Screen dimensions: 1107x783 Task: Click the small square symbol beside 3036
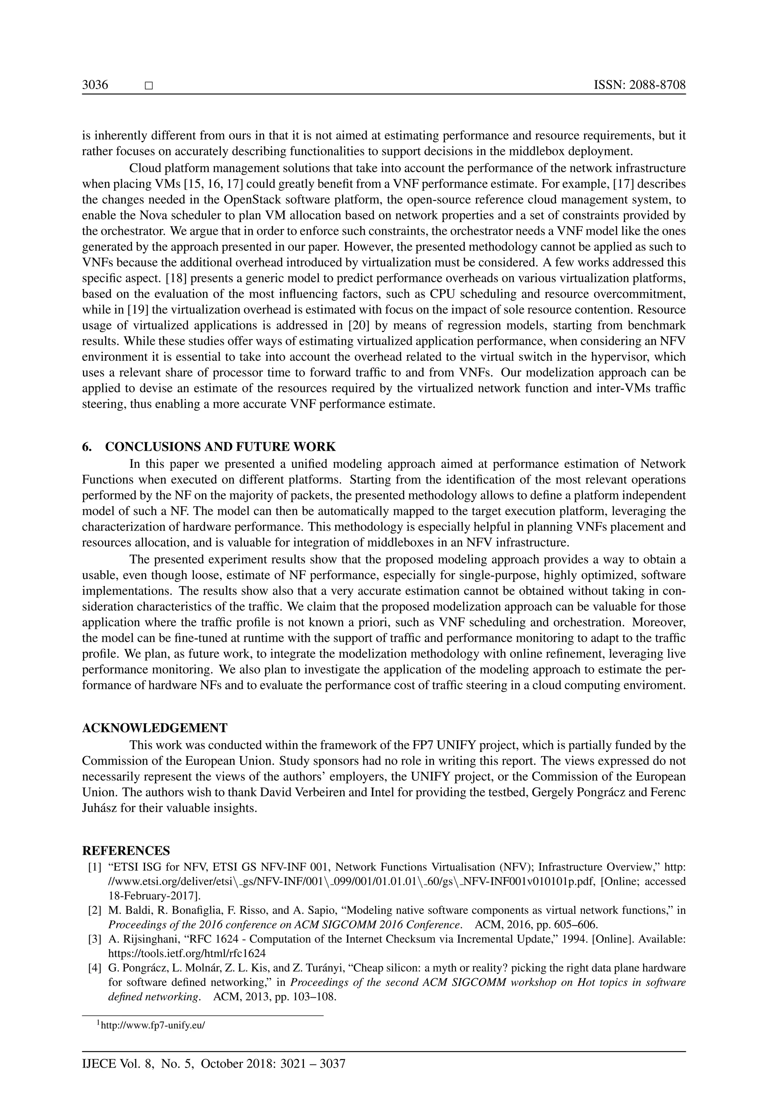coord(148,86)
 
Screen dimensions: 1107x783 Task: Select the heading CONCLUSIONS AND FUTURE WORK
coord(220,446)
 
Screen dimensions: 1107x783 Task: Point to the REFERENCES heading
coord(126,850)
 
